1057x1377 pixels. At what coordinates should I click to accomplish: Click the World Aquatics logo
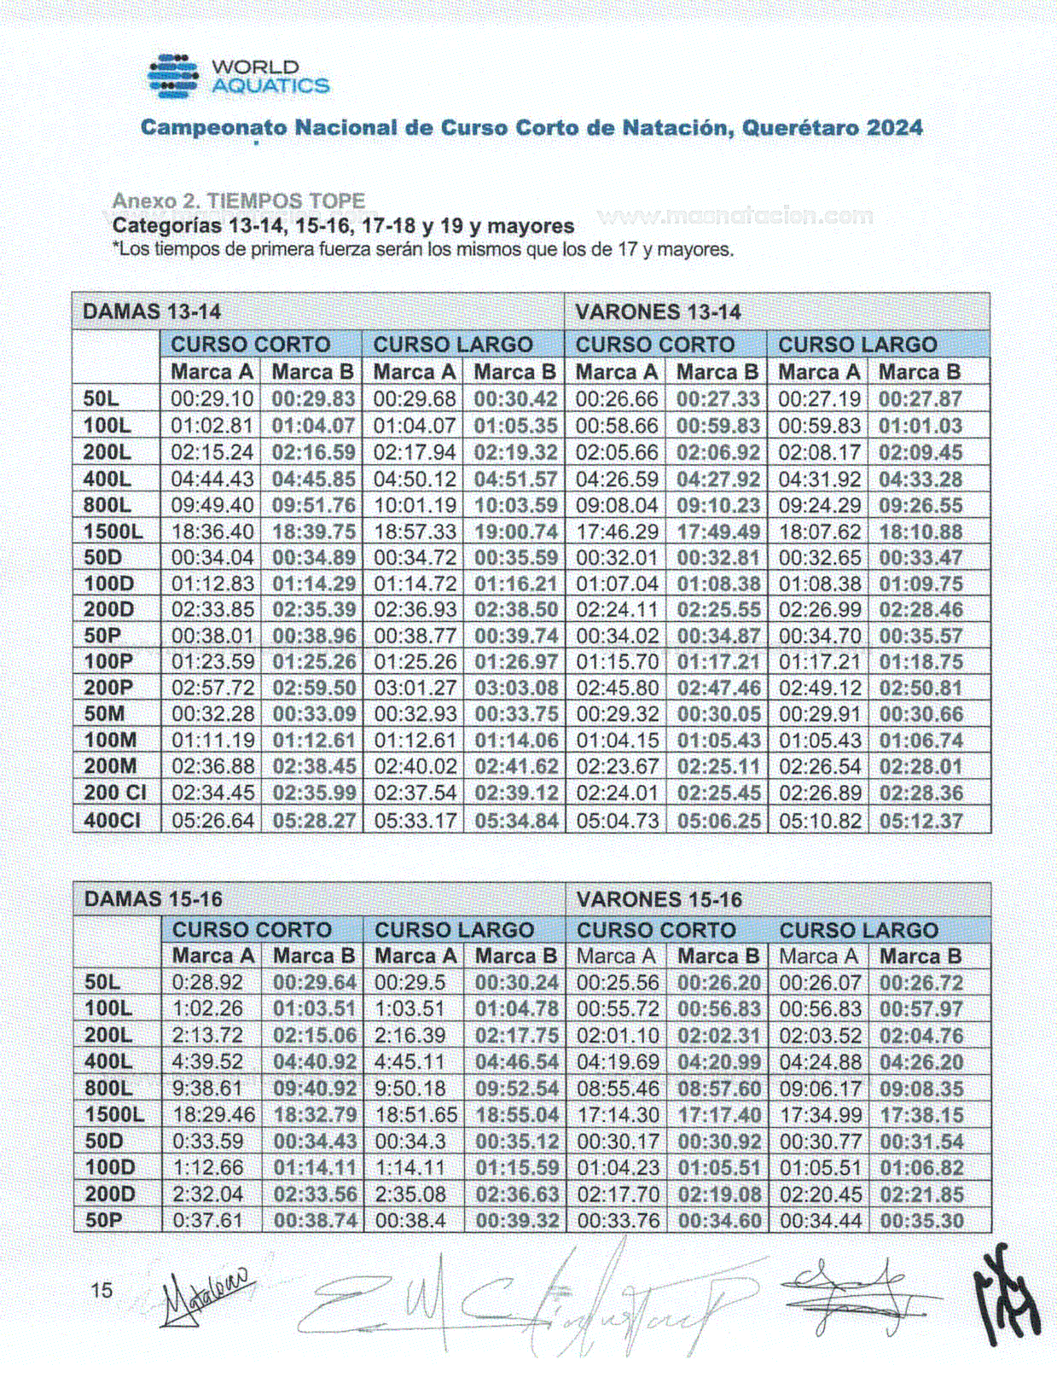pos(238,77)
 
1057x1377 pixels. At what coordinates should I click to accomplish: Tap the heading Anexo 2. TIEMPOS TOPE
pos(239,201)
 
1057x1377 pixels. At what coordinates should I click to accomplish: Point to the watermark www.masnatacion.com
pos(735,216)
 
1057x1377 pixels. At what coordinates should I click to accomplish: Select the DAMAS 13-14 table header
pos(152,311)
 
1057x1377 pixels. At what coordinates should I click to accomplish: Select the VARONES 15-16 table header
pos(659,899)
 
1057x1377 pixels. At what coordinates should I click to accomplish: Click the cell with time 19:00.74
pos(516,532)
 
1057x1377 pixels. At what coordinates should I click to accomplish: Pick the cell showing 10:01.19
pos(415,505)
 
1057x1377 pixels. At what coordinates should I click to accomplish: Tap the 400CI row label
pos(111,821)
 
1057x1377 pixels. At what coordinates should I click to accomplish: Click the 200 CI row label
pos(115,793)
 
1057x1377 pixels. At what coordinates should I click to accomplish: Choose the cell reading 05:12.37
pos(921,821)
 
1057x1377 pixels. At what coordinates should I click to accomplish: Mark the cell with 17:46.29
pos(617,532)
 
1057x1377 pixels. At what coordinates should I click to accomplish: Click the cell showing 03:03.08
pos(516,688)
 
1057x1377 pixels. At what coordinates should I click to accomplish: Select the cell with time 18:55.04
pos(517,1115)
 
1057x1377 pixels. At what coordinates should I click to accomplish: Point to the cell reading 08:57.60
pos(719,1089)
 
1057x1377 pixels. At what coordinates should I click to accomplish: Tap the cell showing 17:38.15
pos(921,1115)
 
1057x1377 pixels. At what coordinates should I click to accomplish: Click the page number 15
pos(102,1290)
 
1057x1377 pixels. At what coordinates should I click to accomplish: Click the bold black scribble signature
pos(1008,1296)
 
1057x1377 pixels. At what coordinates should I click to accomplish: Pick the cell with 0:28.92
pos(207,983)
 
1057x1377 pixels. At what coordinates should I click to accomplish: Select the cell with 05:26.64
pos(212,821)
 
